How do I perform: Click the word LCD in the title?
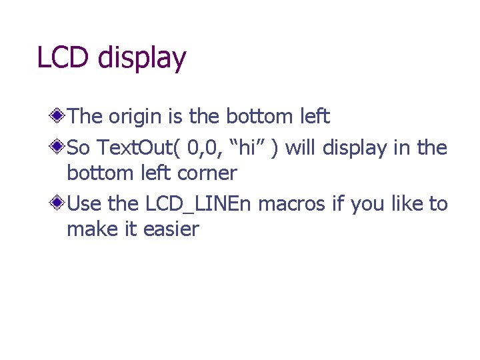64,57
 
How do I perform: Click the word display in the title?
141,59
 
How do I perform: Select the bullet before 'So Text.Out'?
59,146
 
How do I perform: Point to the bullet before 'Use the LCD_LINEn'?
59,202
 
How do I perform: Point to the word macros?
291,203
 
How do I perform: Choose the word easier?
171,230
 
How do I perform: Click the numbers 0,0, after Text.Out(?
201,147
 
